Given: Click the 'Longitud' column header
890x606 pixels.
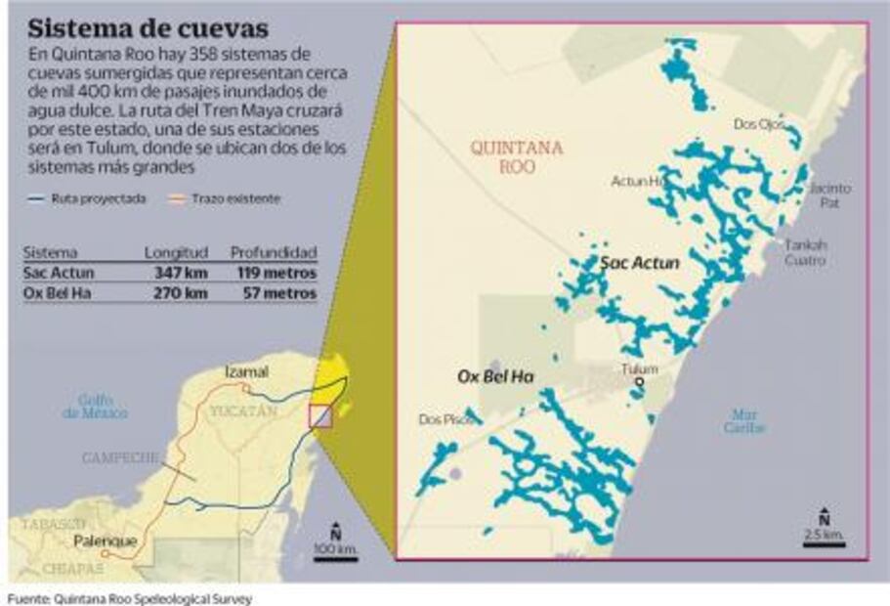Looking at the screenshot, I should tap(176, 253).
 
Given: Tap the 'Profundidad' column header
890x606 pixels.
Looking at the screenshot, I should tap(274, 253).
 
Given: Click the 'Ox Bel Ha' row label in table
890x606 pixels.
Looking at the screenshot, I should tap(50, 292).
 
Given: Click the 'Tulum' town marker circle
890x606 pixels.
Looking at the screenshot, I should tap(638, 383).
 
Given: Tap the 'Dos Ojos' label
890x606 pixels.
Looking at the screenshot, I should tap(758, 124).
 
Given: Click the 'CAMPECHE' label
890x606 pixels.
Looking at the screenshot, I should tap(120, 457).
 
